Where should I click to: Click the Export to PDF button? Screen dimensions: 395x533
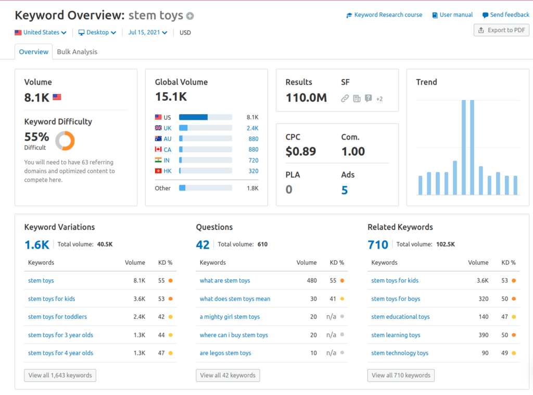[501, 30]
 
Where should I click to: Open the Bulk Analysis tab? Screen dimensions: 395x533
[77, 52]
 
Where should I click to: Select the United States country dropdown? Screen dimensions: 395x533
[41, 32]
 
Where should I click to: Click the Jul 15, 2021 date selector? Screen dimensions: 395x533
[148, 32]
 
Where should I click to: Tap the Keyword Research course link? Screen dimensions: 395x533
[384, 15]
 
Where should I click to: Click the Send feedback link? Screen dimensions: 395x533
[505, 15]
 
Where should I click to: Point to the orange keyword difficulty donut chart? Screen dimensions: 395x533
[65, 141]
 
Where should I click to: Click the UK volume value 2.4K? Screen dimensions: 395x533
[252, 128]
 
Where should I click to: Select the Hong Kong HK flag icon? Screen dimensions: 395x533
[158, 171]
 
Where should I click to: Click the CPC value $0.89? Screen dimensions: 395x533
[301, 152]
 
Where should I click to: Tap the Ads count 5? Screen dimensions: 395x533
[345, 190]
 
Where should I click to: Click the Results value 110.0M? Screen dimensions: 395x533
[306, 97]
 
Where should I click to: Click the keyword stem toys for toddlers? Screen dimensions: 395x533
[57, 317]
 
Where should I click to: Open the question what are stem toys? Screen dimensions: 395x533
[225, 280]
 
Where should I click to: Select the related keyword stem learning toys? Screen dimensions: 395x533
[396, 335]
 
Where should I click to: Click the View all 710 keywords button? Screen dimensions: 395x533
[401, 375]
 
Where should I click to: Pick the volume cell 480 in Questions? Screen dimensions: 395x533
[311, 280]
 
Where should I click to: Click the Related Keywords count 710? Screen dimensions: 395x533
[378, 244]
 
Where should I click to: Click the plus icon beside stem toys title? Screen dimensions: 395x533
[190, 16]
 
